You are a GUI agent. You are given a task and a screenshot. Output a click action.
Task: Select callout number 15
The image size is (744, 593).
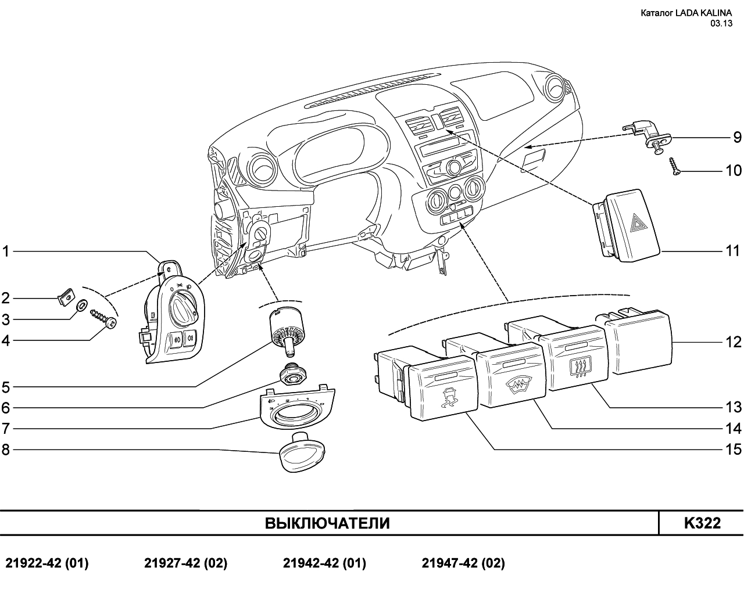(x=734, y=450)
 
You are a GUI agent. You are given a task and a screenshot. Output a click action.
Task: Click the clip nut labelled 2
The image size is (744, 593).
(x=66, y=296)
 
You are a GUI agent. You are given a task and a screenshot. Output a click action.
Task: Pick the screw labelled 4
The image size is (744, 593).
(x=103, y=318)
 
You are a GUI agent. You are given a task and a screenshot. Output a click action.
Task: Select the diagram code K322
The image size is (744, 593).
(x=702, y=523)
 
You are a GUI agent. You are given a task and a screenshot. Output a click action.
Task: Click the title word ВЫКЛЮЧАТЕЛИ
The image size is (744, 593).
(x=327, y=523)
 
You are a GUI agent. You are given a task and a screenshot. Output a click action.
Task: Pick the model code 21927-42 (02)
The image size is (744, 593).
(x=185, y=563)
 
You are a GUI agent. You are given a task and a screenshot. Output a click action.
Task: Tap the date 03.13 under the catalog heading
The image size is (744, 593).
(x=721, y=23)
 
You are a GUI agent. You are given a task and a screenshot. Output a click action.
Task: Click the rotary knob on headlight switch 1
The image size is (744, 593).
(x=183, y=303)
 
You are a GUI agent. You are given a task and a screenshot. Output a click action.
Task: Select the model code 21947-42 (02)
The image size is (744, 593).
(x=463, y=563)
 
